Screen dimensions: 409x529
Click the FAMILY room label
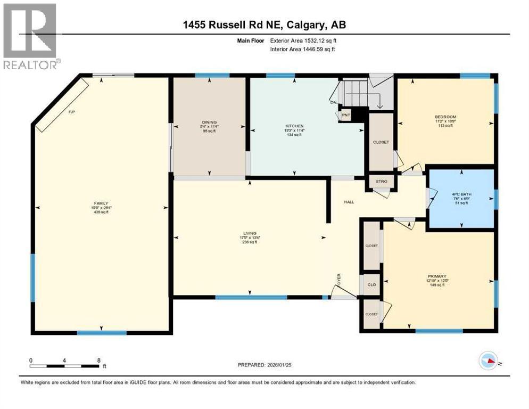point(101,203)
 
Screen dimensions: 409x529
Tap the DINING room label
point(209,122)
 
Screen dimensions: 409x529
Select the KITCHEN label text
point(293,126)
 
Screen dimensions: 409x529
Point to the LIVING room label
point(250,233)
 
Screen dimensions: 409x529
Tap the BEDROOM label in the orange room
point(445,117)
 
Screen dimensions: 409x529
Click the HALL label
point(349,202)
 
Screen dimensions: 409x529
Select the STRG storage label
point(382,182)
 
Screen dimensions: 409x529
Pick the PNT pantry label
point(346,115)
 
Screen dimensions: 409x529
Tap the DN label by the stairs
point(333,102)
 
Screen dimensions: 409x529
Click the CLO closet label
point(371,284)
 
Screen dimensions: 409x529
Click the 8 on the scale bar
point(99,360)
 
